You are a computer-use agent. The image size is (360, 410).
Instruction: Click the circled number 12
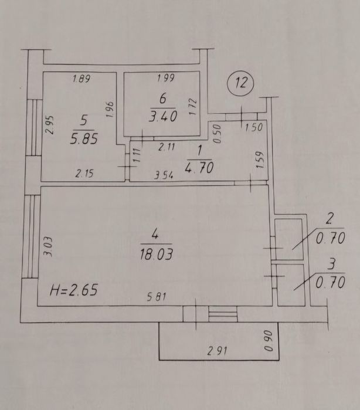tap(240, 83)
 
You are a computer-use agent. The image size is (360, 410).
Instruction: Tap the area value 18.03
tap(157, 254)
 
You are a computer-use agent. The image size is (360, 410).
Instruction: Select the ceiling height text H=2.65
tap(74, 290)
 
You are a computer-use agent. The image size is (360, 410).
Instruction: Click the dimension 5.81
tap(157, 297)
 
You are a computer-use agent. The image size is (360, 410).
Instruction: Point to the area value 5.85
tap(84, 138)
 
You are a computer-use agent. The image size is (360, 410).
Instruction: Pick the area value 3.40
tap(163, 116)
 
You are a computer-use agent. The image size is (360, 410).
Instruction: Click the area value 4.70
tap(199, 168)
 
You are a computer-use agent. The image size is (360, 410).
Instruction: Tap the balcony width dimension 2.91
tap(218, 351)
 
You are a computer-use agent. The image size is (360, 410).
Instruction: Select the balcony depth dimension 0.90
tap(269, 341)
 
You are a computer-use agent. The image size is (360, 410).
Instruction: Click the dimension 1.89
tap(81, 79)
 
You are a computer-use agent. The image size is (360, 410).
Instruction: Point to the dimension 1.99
tap(166, 78)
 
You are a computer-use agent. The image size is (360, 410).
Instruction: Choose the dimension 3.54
tap(164, 175)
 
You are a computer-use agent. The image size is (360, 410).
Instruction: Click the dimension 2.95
tap(50, 125)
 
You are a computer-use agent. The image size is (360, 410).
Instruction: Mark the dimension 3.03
tap(48, 246)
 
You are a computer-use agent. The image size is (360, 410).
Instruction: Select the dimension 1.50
tap(254, 127)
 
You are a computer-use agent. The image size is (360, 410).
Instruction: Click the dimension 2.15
tap(84, 174)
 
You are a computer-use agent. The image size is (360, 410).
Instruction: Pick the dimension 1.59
tap(260, 160)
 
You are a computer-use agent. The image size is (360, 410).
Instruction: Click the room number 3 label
tap(331, 264)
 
